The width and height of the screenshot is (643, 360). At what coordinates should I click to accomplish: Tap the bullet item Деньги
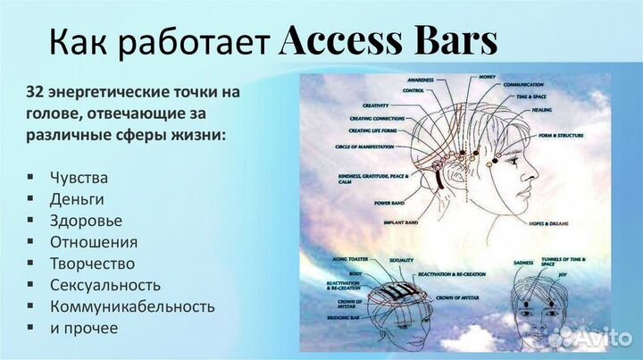pos(79,197)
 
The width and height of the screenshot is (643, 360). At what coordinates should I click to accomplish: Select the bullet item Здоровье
pos(87,220)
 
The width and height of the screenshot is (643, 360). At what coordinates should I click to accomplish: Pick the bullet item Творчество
pos(93,264)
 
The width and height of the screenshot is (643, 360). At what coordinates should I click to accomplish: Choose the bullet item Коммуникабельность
pos(132,306)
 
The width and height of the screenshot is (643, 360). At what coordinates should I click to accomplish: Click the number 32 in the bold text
pos(38,92)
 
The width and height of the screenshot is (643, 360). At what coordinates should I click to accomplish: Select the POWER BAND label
pos(388,204)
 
